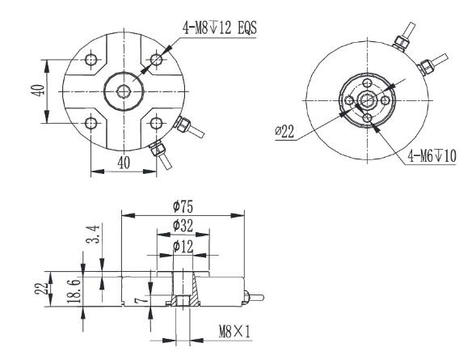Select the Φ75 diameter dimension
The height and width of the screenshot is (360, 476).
182,206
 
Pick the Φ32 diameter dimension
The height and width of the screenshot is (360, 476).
182,226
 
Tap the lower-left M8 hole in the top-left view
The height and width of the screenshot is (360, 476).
91,122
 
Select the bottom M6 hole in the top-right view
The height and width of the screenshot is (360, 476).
369,119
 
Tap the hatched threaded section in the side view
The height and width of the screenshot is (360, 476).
182,302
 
